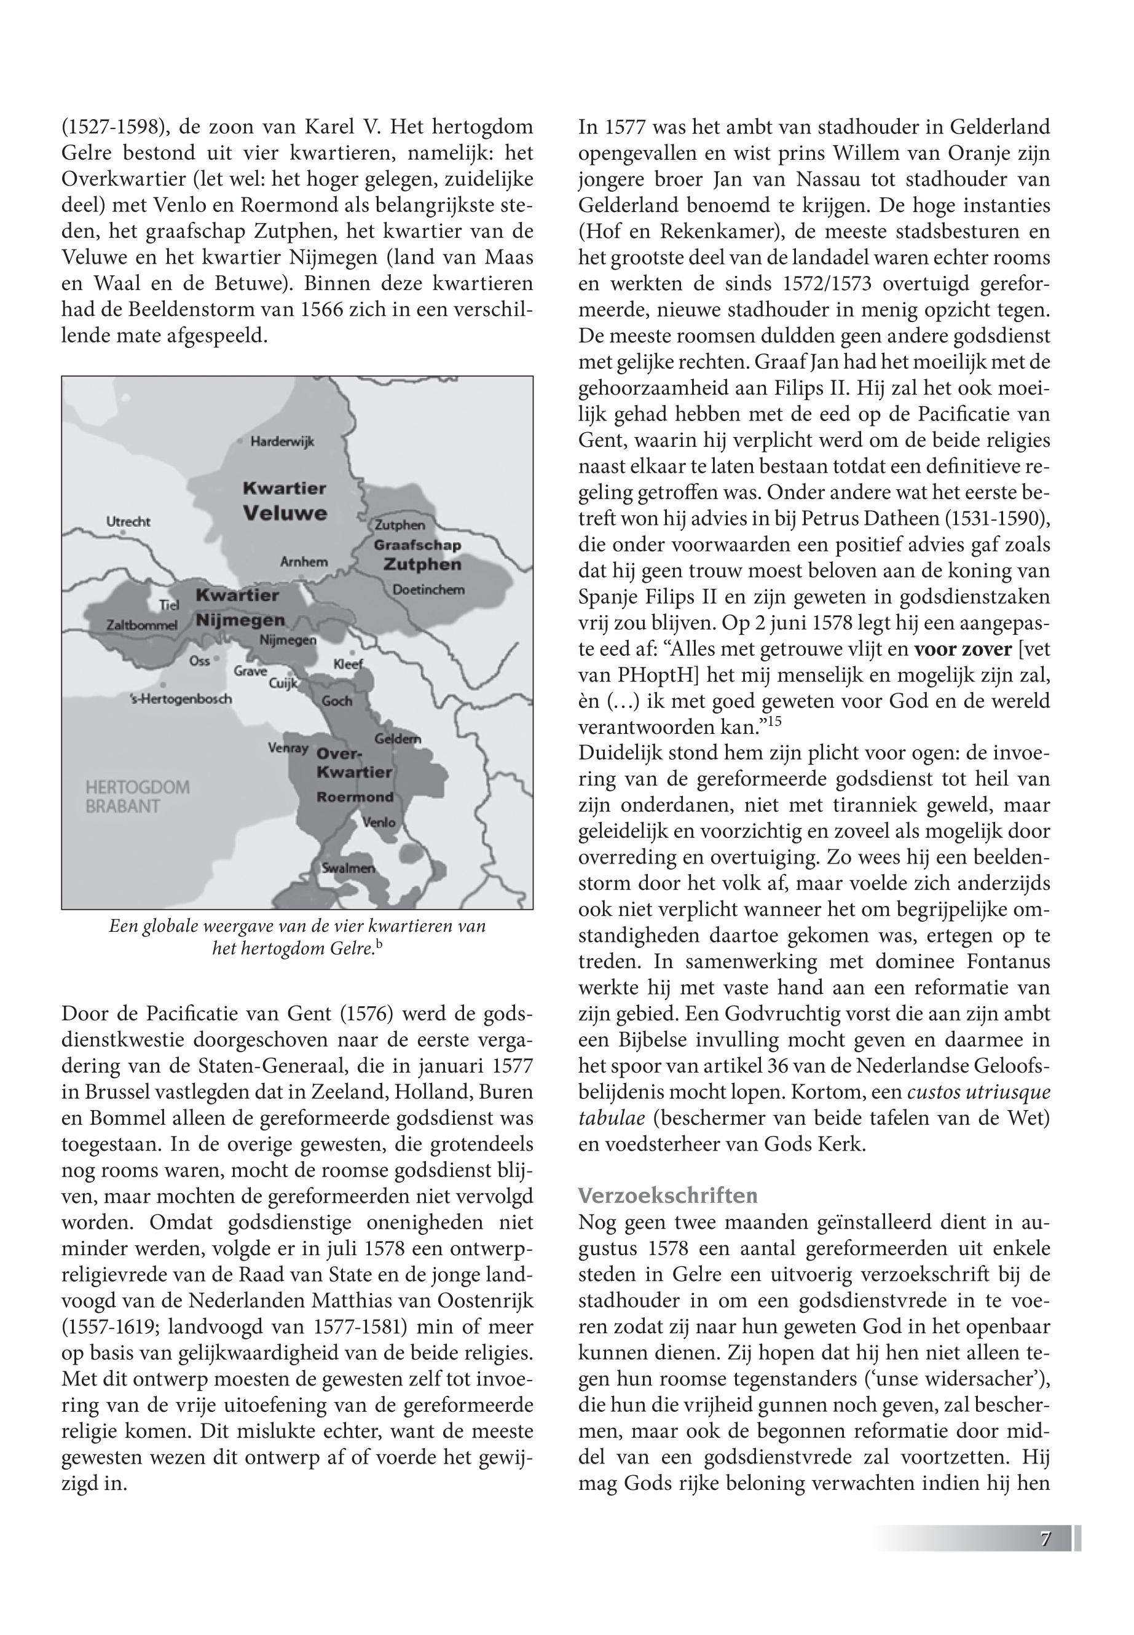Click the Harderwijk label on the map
[x=282, y=441]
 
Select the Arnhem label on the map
[x=304, y=561]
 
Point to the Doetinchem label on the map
[x=428, y=589]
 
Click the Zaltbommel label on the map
[x=141, y=625]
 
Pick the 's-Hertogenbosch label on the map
[x=181, y=698]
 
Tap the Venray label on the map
[x=288, y=747]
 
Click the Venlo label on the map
[x=379, y=822]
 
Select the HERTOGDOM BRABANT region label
[x=137, y=797]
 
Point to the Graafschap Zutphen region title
[x=419, y=555]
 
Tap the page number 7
[x=1045, y=1540]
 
